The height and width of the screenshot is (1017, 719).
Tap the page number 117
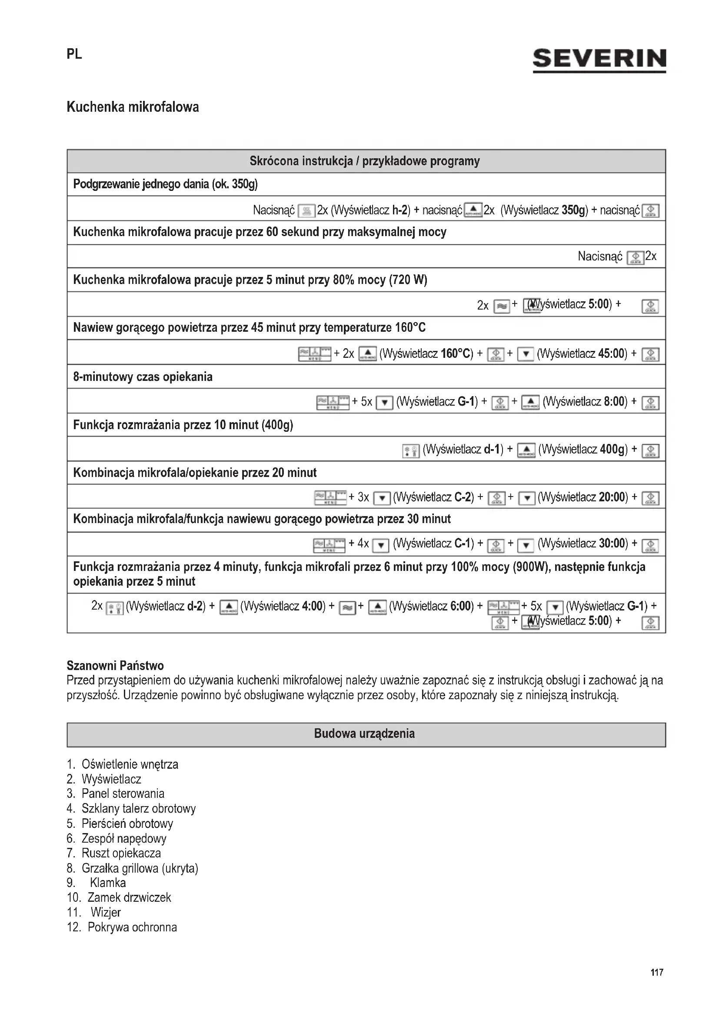click(x=656, y=972)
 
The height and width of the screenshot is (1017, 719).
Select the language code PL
click(x=74, y=54)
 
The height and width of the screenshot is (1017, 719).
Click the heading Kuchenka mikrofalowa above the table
click(x=133, y=107)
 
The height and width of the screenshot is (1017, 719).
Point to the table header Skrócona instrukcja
click(x=364, y=161)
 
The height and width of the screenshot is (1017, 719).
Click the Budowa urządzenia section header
click(x=364, y=734)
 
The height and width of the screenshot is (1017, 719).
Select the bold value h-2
click(x=400, y=210)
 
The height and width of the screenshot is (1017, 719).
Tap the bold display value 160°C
click(x=457, y=353)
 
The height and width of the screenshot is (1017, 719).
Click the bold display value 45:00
click(x=612, y=353)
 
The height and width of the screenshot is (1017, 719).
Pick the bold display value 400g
click(x=614, y=450)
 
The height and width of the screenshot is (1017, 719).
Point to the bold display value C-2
click(x=464, y=497)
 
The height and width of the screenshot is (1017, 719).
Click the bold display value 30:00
click(x=613, y=543)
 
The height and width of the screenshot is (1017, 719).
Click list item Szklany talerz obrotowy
click(x=139, y=808)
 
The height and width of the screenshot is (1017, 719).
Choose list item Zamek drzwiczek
click(x=129, y=897)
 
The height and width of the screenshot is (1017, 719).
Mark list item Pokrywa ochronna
click(x=133, y=927)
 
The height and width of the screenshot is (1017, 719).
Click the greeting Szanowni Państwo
click(x=115, y=666)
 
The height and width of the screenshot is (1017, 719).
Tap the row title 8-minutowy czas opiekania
click(x=143, y=377)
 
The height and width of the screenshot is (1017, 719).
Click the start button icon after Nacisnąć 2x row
click(x=636, y=257)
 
